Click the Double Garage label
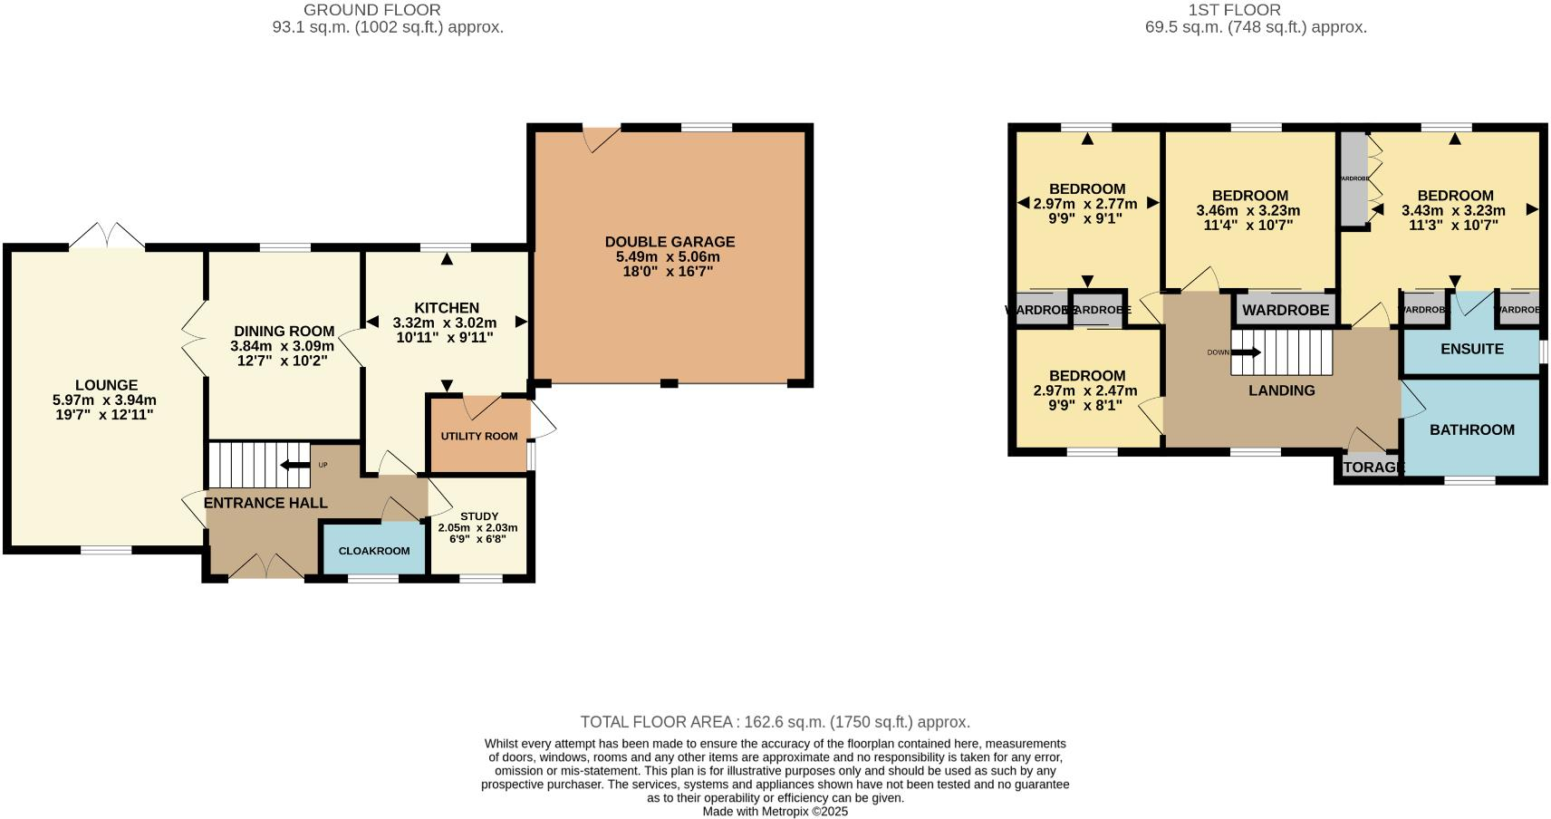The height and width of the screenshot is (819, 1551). [670, 242]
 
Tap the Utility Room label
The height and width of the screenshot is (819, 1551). [479, 436]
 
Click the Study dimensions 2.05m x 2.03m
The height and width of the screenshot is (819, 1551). [477, 527]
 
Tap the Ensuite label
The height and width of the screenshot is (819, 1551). [1471, 349]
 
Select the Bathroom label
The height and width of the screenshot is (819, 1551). [1471, 429]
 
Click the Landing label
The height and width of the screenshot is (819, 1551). [1281, 390]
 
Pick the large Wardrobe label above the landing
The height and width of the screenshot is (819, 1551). [1286, 310]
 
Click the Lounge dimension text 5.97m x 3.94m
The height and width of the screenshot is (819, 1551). [105, 400]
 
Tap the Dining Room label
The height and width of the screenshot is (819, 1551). [284, 332]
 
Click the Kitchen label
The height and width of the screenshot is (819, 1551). [446, 308]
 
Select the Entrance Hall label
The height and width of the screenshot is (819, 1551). [265, 503]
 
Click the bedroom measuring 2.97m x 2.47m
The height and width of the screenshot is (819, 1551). [1086, 390]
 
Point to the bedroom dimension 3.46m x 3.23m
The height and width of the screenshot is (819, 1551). [1248, 210]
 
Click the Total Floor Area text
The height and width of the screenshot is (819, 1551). [775, 722]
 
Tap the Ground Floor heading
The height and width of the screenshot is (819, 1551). [371, 10]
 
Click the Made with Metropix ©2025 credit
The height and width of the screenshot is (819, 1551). [775, 812]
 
